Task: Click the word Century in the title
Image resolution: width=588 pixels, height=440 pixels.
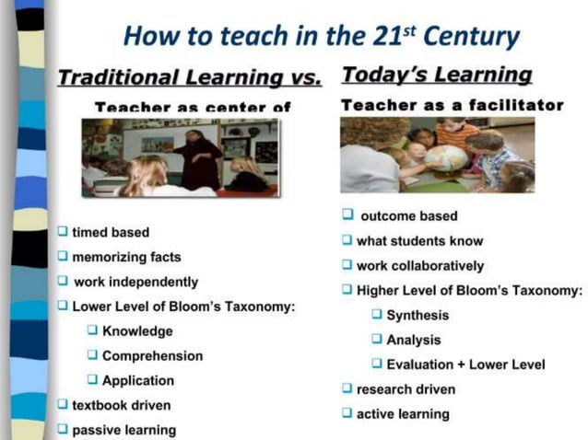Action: pos(476,38)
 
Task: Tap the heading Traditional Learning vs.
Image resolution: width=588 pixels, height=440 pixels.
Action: pos(190,77)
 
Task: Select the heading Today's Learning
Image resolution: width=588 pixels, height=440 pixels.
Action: pos(437,75)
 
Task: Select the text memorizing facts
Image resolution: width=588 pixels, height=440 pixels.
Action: pos(126,257)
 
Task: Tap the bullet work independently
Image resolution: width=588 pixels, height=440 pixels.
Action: pos(135,282)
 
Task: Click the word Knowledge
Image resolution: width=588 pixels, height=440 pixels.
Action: pos(137,331)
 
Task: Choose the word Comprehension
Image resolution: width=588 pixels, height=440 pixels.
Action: pos(152,355)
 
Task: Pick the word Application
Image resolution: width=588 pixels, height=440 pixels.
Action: pos(138,380)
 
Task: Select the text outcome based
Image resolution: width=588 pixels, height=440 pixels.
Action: pos(408,216)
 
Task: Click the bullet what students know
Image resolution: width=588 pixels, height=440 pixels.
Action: pos(419,241)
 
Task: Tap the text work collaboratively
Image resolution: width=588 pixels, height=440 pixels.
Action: pos(420,266)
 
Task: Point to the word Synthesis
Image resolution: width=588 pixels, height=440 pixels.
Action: pos(417,315)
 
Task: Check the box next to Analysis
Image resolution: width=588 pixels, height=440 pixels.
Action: pos(377,340)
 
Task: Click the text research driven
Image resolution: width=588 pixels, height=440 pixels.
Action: pos(406,389)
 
